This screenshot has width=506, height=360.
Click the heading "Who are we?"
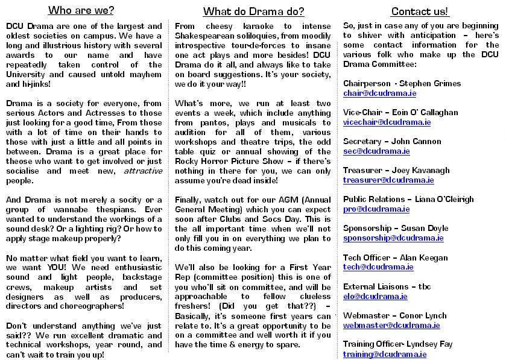81,10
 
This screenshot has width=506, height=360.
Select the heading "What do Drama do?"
253,11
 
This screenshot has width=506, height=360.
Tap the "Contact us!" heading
420,11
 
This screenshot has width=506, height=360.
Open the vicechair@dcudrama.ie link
387,122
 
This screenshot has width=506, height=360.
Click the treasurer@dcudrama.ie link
388,180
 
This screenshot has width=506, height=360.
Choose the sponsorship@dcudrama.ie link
393,238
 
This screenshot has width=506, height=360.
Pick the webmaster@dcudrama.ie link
391,326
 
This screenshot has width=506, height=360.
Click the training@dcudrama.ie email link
385,355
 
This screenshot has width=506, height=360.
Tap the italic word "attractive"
143,171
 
